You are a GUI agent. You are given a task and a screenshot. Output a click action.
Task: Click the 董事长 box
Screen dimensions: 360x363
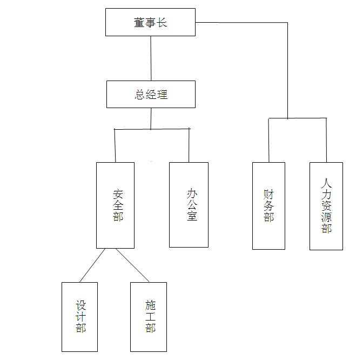point(150,22)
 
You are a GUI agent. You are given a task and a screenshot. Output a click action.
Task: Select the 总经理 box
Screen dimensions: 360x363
point(150,94)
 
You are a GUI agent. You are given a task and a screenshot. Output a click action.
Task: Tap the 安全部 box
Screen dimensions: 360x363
point(115,205)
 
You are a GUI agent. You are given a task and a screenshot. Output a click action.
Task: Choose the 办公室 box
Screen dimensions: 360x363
point(189,204)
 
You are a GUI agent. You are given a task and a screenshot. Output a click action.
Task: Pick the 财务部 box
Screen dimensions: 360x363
point(268,205)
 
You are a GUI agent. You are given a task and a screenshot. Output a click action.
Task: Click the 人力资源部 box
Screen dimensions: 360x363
point(326,205)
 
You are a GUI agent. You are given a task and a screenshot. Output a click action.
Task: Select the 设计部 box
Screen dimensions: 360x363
point(79,316)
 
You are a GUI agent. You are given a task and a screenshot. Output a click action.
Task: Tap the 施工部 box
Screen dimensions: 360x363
point(148,316)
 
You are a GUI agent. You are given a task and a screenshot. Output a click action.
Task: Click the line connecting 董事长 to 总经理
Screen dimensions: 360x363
point(151,58)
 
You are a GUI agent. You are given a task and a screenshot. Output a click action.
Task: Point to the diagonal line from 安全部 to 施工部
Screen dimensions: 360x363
point(132,265)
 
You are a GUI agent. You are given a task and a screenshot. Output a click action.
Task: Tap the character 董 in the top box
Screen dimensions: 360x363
point(140,23)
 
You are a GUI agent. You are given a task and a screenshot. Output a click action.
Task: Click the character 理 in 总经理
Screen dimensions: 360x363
point(162,95)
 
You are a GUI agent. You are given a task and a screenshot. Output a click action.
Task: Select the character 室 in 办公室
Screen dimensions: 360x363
point(192,216)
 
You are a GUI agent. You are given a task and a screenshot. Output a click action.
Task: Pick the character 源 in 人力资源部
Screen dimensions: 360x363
point(326,217)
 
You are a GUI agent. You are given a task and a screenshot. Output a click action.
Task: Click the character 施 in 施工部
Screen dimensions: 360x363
point(150,305)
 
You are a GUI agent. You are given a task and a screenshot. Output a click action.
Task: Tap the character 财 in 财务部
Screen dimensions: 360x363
point(269,194)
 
